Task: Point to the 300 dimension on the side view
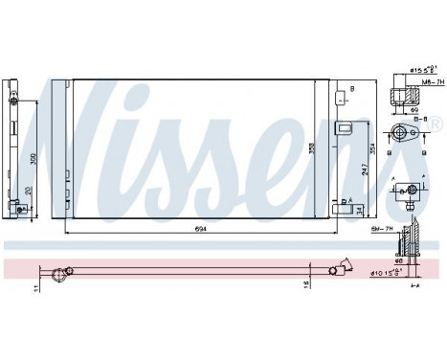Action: [x=32, y=157]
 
